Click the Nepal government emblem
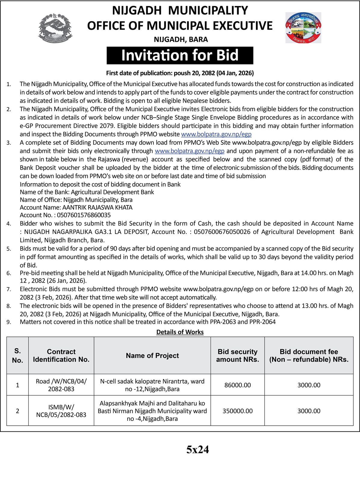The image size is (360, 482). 55,28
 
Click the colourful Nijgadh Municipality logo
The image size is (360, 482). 303,28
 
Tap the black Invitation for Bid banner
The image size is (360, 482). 180,55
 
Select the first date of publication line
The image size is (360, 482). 180,73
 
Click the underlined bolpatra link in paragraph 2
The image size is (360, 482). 216,134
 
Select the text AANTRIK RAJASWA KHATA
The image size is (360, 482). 97,207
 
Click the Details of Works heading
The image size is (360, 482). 180,332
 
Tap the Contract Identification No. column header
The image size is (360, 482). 61,355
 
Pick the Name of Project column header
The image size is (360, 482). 152,355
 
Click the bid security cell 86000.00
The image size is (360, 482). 237,385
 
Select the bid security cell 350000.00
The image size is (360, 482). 237,411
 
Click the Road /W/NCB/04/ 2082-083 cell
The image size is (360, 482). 61,385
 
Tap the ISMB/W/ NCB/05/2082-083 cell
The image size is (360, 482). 61,411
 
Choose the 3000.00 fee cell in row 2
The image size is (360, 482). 309,411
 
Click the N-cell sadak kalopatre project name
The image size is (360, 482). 152,385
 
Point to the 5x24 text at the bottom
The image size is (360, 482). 197,450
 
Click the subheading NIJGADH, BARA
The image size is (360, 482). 181,39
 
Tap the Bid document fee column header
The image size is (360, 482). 309,355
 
